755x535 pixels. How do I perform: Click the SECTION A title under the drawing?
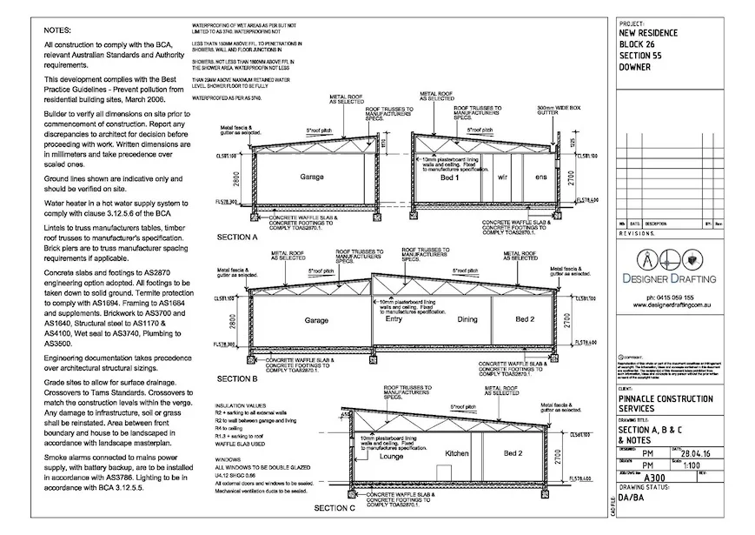236,237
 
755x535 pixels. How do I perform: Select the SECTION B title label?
236,379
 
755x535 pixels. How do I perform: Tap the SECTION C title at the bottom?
334,506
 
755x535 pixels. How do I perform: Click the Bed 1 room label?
449,177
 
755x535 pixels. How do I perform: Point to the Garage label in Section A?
312,177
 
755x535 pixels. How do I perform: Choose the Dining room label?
467,319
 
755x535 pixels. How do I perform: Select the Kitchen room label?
457,454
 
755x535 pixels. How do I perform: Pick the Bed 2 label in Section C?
513,453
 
